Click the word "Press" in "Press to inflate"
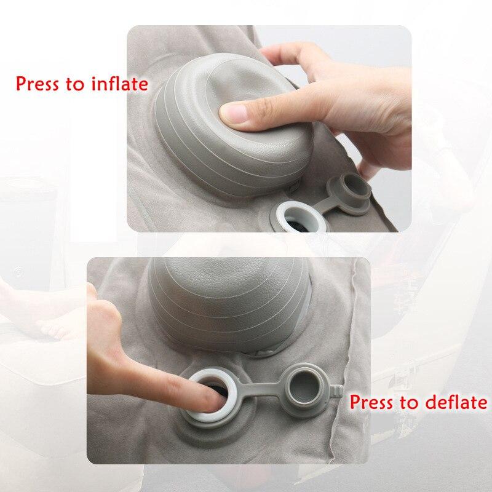[x=38, y=84]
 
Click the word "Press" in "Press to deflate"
[x=371, y=402]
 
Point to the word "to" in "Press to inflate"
[x=75, y=84]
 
